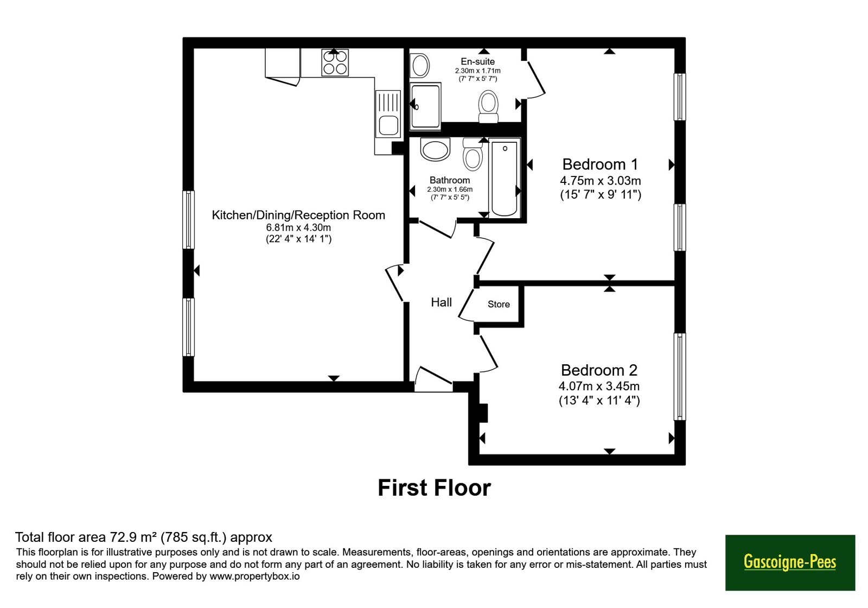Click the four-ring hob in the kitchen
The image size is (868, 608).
point(335,62)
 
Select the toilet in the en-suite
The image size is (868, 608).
point(488,106)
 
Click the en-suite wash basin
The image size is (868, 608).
point(420,66)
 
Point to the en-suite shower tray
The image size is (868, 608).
point(425,105)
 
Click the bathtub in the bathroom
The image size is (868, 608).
point(504,179)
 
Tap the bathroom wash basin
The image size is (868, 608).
point(435,149)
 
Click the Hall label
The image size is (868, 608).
point(442,302)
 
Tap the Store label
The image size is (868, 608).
point(499,305)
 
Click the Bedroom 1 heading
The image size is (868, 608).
point(600,164)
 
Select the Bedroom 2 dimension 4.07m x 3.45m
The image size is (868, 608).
point(599,386)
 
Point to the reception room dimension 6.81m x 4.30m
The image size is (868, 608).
point(298,227)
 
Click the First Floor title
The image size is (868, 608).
point(434,488)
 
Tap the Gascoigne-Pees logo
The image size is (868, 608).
point(790,562)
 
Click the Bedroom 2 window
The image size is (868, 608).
point(680,377)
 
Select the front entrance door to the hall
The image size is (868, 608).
point(433,379)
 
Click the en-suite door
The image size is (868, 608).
point(535,79)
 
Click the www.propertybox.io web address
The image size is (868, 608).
point(254,576)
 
